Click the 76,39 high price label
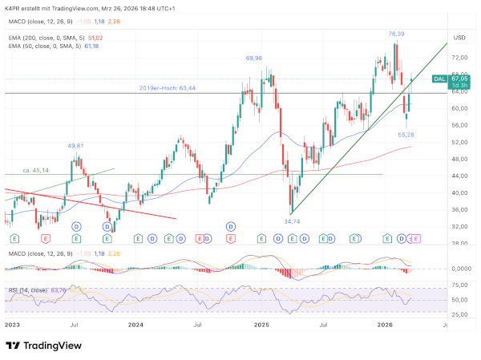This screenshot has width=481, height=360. coord(396,34)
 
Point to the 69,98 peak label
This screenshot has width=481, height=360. coord(254,59)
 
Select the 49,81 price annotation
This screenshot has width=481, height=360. coord(75,145)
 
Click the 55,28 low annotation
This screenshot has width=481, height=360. coord(406,136)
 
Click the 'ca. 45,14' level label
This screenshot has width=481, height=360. coord(35,170)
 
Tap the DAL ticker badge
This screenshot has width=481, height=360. coord(439,79)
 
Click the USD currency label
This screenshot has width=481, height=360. coord(459,38)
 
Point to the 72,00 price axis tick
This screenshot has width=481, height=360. coord(459,58)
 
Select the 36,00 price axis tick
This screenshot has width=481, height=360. coord(459,210)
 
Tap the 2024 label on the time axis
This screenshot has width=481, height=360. coord(136,326)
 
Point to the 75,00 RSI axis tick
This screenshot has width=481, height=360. coord(459,286)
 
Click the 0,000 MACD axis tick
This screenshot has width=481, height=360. coord(459,269)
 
